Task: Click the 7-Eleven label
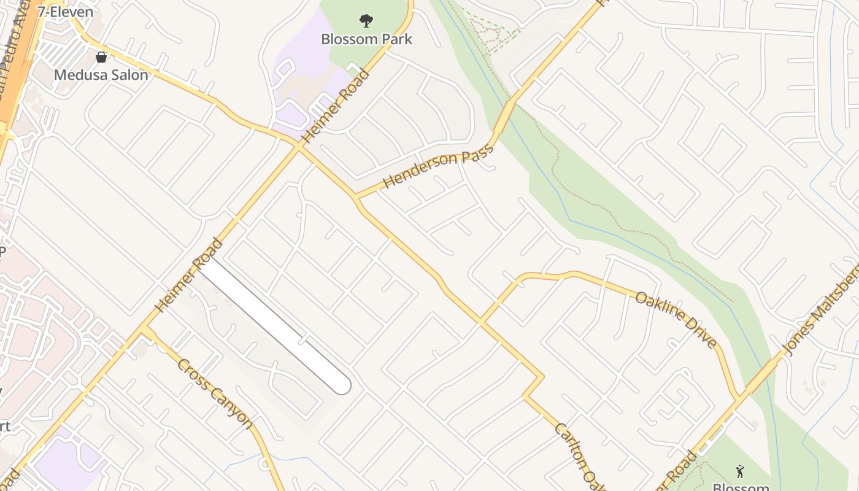coord(65,12)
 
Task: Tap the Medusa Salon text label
coord(101,75)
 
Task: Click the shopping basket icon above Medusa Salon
coord(101,57)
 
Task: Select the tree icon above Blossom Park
coord(366,21)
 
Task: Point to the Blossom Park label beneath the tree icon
coord(367,39)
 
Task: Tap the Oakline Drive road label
coord(676,320)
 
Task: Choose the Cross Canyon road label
coord(215,393)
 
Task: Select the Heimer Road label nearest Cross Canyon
coord(189,275)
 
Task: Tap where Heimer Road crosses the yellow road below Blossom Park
coord(299,147)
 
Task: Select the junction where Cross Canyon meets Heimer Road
coord(146,330)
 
